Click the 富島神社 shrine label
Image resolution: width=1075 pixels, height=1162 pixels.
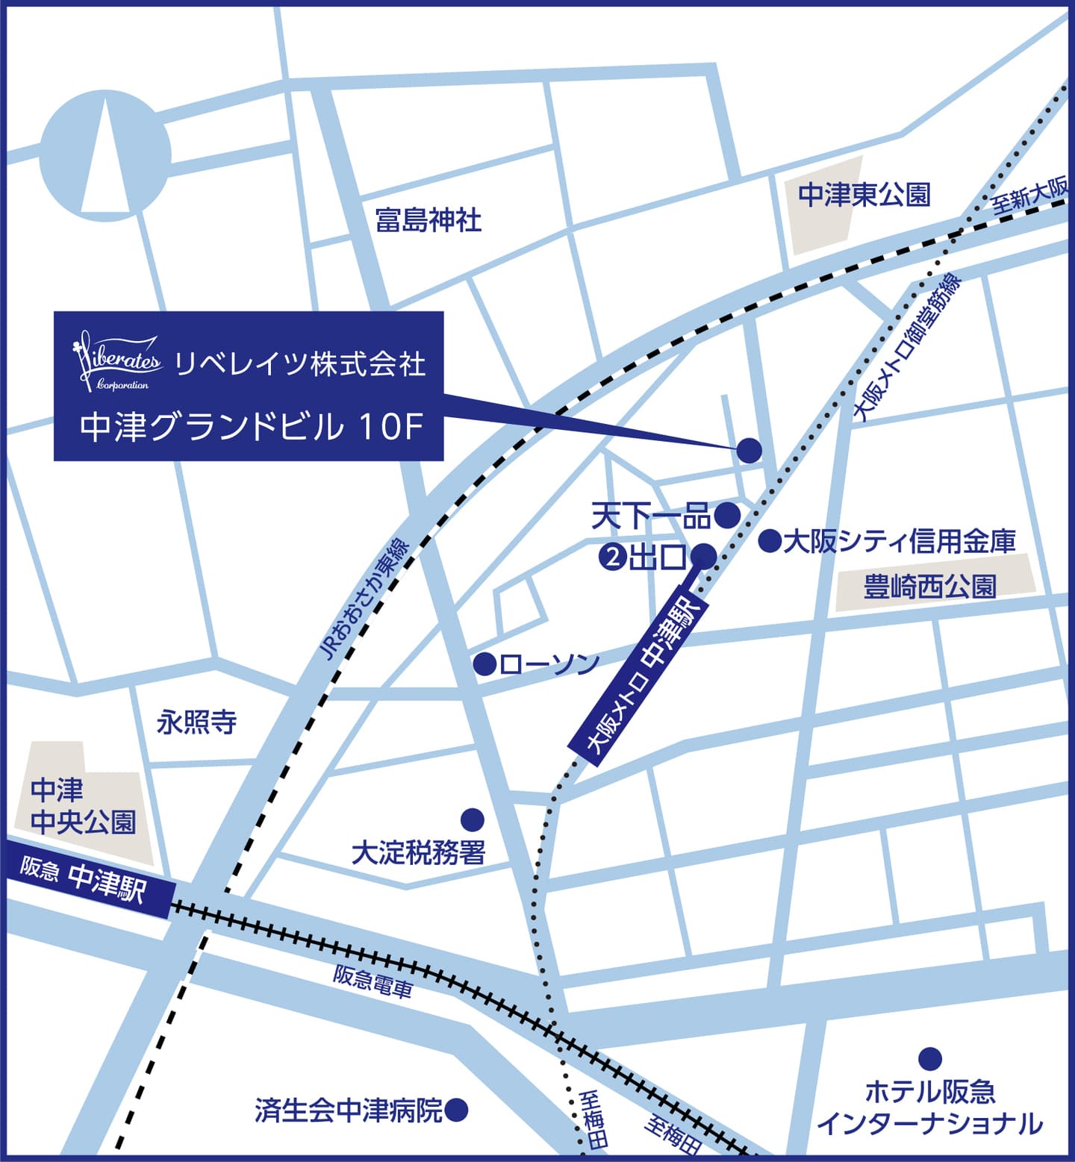pos(428,220)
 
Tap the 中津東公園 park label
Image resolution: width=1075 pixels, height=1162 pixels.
pos(864,196)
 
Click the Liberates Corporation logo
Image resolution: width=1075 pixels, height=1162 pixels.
pos(118,362)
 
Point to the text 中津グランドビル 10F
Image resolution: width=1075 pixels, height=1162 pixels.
pos(251,427)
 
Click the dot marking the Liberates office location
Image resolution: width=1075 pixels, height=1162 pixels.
pos(749,450)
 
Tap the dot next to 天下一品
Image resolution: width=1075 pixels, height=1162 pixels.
pos(726,514)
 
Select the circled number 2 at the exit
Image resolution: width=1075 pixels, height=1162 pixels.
pos(612,557)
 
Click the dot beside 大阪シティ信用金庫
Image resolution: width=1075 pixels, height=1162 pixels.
pos(770,540)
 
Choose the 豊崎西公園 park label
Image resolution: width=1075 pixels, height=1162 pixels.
pos(929,587)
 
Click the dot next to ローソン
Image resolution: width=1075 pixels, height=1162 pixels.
pos(485,663)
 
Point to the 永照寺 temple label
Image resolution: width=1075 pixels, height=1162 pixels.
pos(197,722)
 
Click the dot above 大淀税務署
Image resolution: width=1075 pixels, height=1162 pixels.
pos(472,819)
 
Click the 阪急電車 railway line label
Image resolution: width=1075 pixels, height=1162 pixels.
pos(373,981)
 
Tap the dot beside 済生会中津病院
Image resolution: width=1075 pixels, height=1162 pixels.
pos(456,1110)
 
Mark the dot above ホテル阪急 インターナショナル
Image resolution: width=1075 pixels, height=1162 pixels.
pos(929,1058)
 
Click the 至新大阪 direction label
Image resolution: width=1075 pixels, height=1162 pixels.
pos(1030,196)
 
